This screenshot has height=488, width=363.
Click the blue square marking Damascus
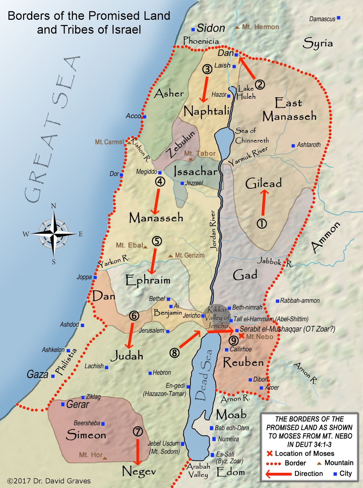[338, 18]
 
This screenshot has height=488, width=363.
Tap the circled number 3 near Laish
[207, 69]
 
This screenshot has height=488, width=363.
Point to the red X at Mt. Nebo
[241, 336]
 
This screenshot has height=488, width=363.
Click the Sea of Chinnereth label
[252, 136]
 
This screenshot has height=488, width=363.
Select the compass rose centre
[54, 234]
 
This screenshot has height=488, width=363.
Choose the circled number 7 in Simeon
[138, 432]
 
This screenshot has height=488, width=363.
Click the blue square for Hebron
[150, 373]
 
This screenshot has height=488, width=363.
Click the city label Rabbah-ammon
[300, 301]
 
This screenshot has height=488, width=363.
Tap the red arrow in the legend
[278, 474]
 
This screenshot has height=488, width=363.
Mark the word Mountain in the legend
[339, 463]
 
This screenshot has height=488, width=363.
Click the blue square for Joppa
[95, 277]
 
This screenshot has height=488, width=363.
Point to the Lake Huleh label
[246, 92]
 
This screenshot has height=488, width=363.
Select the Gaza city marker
[53, 376]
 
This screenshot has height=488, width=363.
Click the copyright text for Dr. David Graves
[49, 481]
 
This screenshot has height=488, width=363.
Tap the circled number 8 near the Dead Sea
[174, 353]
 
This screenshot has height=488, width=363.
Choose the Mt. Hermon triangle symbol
[237, 27]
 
